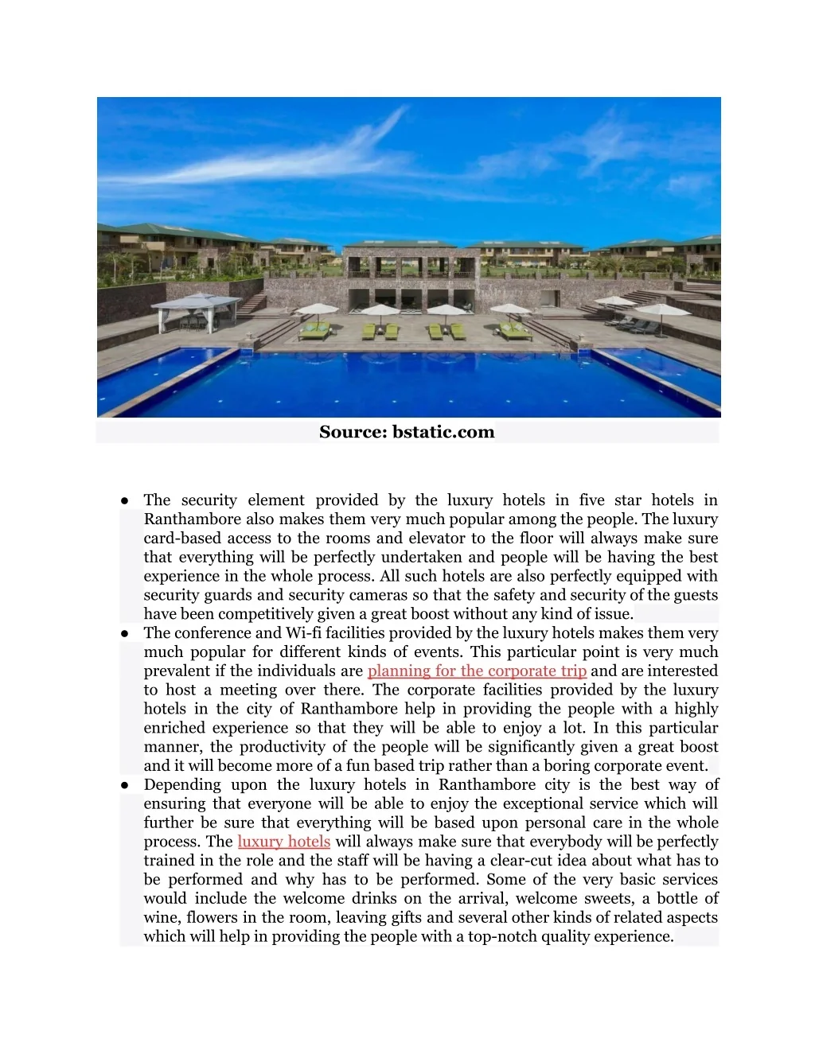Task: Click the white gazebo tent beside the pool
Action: pos(196,310)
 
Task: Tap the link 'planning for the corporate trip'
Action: pos(477,671)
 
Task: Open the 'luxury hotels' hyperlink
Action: pos(283,842)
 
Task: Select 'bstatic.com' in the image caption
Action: pos(443,432)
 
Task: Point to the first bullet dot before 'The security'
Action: pos(126,500)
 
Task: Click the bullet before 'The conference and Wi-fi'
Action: pos(126,633)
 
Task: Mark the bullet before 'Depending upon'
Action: pos(126,785)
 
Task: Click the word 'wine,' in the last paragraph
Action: pos(162,917)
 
